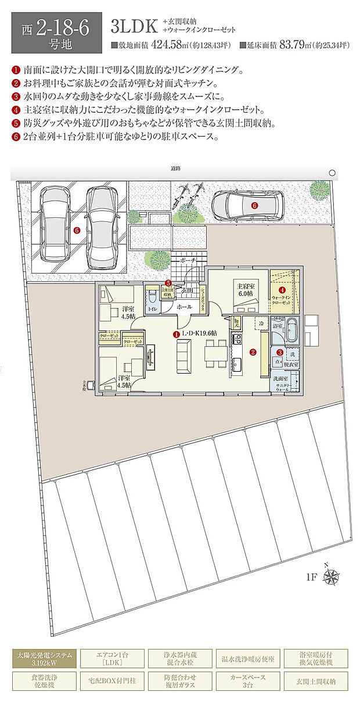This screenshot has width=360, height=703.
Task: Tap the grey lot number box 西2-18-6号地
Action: point(56,33)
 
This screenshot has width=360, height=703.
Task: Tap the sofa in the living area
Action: point(184,356)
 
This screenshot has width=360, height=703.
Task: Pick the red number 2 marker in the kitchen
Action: point(253,351)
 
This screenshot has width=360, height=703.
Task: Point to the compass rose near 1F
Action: point(332,576)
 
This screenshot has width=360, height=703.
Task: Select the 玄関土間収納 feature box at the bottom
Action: point(315,681)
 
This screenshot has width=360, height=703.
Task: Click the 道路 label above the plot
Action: point(176,168)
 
